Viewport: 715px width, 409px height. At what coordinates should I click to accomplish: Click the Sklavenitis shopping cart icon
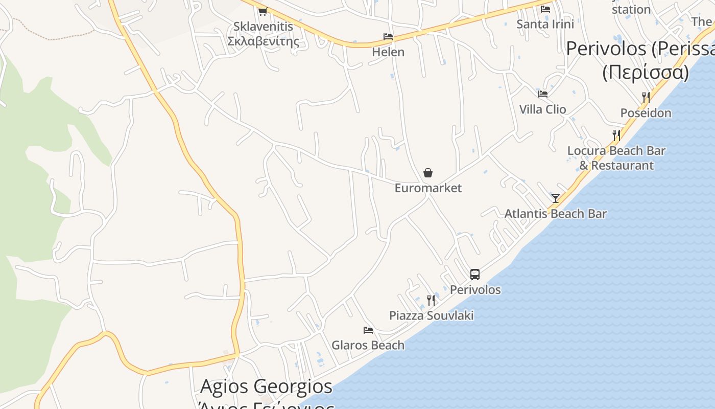[263, 11]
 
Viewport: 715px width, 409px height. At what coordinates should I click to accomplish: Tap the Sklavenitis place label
[263, 33]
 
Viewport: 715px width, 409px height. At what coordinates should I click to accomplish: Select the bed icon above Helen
[388, 37]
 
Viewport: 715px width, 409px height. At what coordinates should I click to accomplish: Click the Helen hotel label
[388, 52]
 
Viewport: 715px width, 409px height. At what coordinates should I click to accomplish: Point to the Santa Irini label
[545, 24]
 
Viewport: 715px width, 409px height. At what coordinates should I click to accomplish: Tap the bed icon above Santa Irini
[545, 9]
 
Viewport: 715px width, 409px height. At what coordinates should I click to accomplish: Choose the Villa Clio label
[542, 109]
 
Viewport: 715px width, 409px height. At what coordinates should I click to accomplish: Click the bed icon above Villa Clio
[542, 94]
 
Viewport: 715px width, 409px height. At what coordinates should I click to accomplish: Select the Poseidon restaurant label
[646, 113]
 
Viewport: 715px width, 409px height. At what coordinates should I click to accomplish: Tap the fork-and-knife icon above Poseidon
[646, 97]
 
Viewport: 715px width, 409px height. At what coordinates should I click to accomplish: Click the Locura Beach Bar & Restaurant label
[616, 158]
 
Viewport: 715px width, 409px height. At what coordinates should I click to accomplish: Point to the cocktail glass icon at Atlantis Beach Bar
[556, 198]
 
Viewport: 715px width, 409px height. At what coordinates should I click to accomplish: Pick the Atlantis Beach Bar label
[555, 214]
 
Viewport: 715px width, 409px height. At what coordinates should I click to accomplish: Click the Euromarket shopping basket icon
[428, 173]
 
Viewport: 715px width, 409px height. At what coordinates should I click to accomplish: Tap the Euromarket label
[428, 188]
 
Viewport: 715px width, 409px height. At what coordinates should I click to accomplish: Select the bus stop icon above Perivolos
[475, 275]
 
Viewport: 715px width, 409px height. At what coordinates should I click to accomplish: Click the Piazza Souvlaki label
[431, 315]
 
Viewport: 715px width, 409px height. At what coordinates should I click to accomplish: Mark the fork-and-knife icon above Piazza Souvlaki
[431, 300]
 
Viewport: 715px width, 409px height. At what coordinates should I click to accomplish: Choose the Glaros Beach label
[368, 346]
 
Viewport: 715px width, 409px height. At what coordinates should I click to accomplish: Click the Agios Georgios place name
[266, 387]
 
